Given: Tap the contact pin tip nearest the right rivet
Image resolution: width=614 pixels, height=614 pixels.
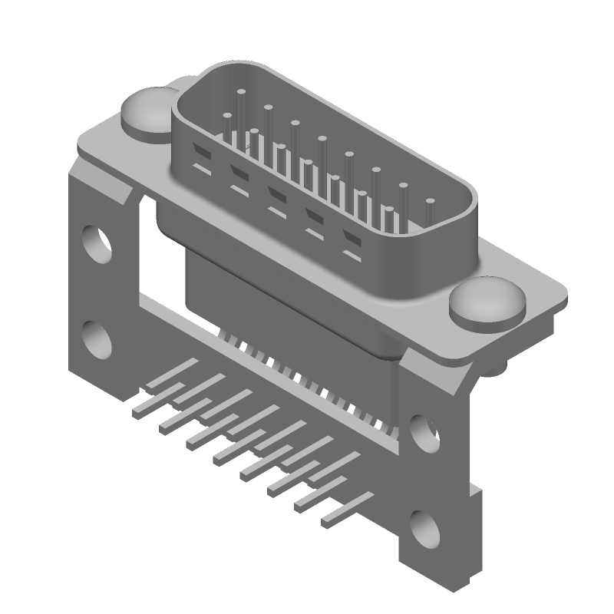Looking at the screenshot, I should [x=430, y=203].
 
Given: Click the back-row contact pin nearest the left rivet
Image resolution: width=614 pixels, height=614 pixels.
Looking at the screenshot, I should [x=241, y=93].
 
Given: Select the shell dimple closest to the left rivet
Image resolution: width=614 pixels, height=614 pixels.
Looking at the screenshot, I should [x=201, y=147].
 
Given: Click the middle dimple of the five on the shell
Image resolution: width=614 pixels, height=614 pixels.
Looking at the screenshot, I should [x=277, y=193].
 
